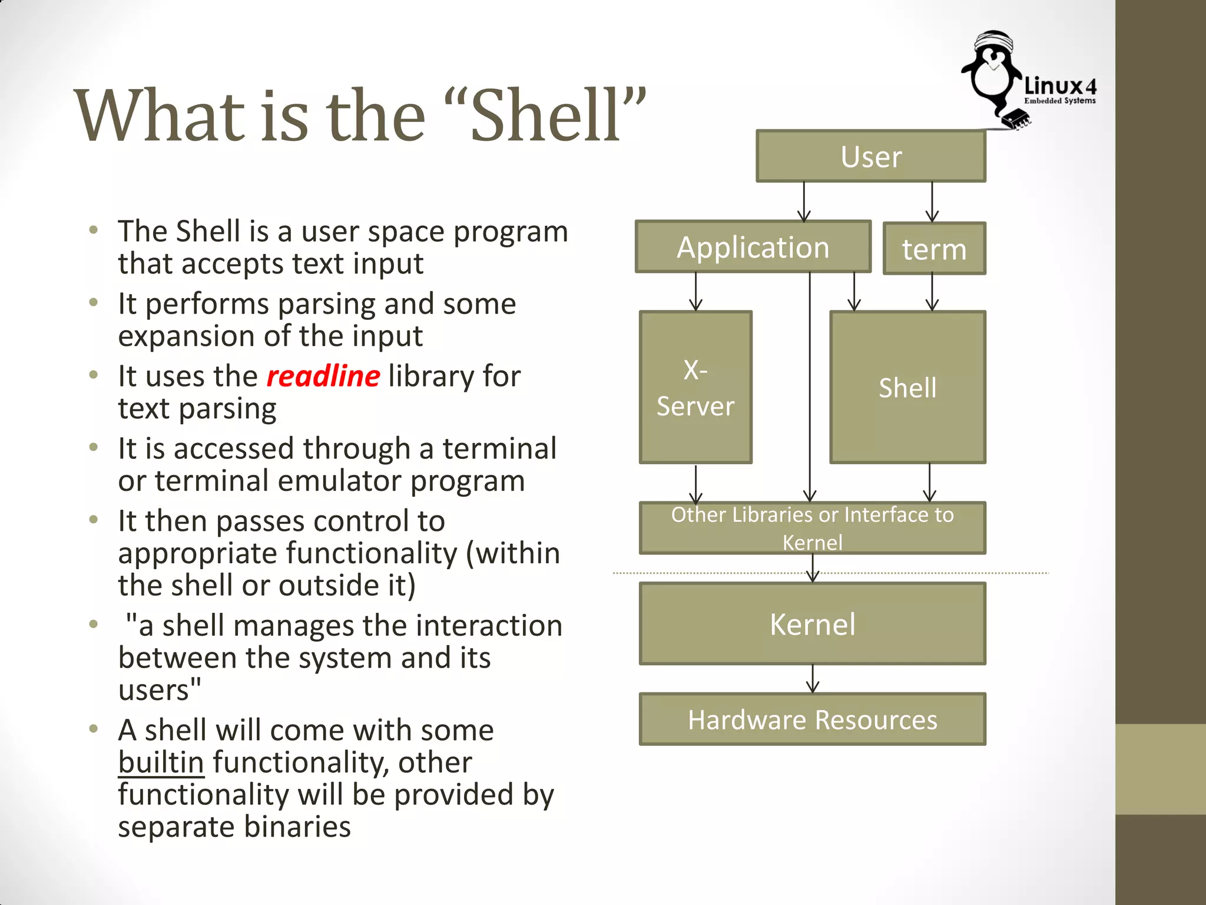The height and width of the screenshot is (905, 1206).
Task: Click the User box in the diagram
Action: click(x=870, y=157)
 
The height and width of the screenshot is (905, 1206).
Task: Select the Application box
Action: click(x=753, y=247)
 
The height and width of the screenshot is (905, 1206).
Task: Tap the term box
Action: click(x=934, y=249)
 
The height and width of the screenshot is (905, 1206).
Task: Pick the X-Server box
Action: click(x=695, y=388)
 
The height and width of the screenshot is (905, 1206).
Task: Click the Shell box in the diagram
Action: click(x=907, y=388)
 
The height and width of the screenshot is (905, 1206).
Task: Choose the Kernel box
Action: click(x=812, y=624)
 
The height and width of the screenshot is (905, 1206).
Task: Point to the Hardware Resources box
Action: click(x=812, y=719)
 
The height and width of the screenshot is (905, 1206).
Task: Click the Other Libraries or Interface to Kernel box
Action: click(x=812, y=528)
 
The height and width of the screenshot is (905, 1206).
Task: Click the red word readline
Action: click(x=323, y=376)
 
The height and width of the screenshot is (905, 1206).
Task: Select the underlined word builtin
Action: click(x=161, y=762)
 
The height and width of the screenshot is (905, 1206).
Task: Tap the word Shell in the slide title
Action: click(x=545, y=115)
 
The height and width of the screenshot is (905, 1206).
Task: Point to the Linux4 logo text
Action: click(x=1060, y=88)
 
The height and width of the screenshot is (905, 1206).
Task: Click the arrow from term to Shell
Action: click(x=932, y=292)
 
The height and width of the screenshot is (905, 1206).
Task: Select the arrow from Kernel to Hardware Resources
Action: click(x=813, y=679)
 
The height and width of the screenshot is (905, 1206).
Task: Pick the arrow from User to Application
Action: click(x=804, y=202)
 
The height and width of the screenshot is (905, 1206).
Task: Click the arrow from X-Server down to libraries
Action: click(x=696, y=483)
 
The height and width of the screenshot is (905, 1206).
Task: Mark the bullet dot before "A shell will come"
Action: click(x=93, y=729)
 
